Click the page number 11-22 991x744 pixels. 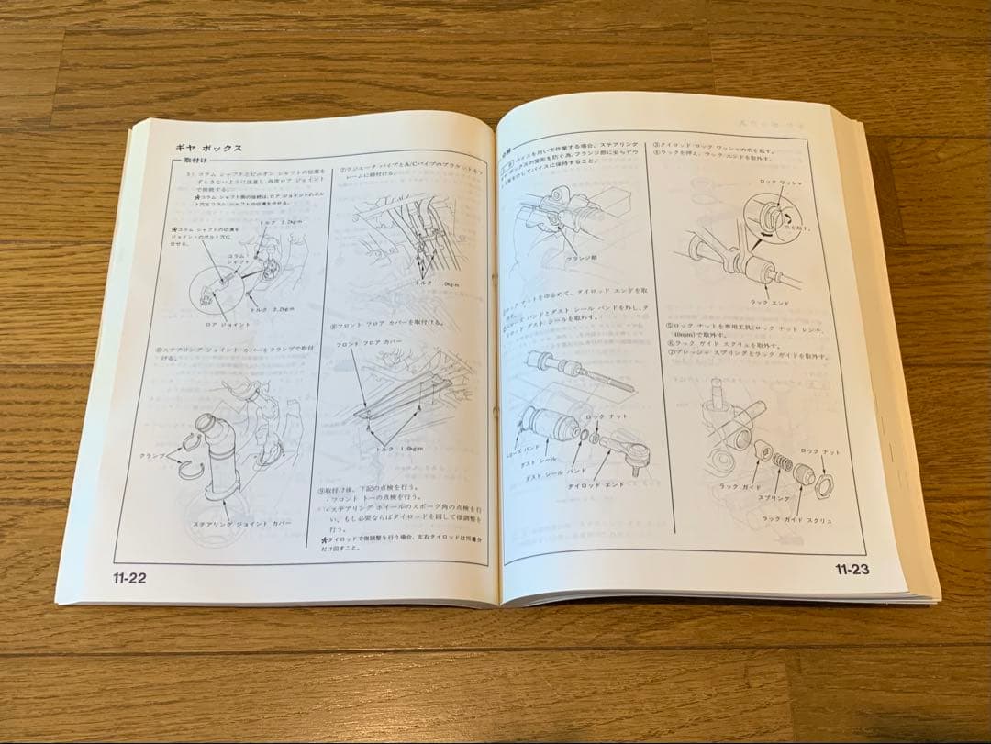(129, 577)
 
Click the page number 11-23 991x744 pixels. (852, 570)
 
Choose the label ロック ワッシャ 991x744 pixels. (780, 183)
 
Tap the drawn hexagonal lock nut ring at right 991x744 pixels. (823, 485)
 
